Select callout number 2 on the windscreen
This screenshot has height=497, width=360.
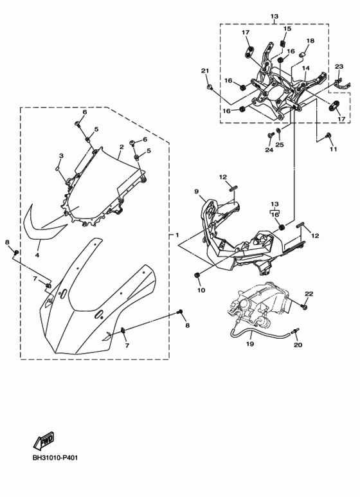tap(120, 147)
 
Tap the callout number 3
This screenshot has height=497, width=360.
tap(61, 156)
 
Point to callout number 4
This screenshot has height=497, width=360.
tap(37, 255)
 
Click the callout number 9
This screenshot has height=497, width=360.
tap(197, 192)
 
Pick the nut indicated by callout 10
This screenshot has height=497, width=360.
tap(196, 275)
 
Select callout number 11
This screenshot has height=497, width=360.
tap(333, 149)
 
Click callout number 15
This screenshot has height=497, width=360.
tap(287, 29)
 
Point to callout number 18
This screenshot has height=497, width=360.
tap(310, 41)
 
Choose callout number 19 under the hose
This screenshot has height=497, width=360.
tap(250, 344)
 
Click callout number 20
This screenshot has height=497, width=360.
tap(298, 345)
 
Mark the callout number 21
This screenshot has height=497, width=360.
tap(205, 71)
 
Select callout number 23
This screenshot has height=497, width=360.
tap(339, 66)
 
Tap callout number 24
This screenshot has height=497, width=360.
tap(268, 150)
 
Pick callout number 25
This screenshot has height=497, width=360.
tap(279, 145)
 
